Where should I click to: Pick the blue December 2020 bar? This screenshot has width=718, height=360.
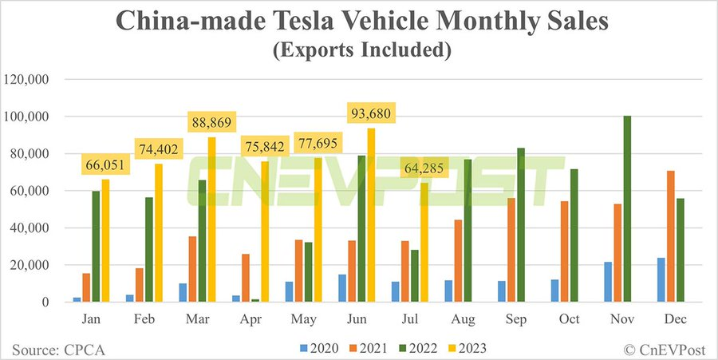(657, 280)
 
